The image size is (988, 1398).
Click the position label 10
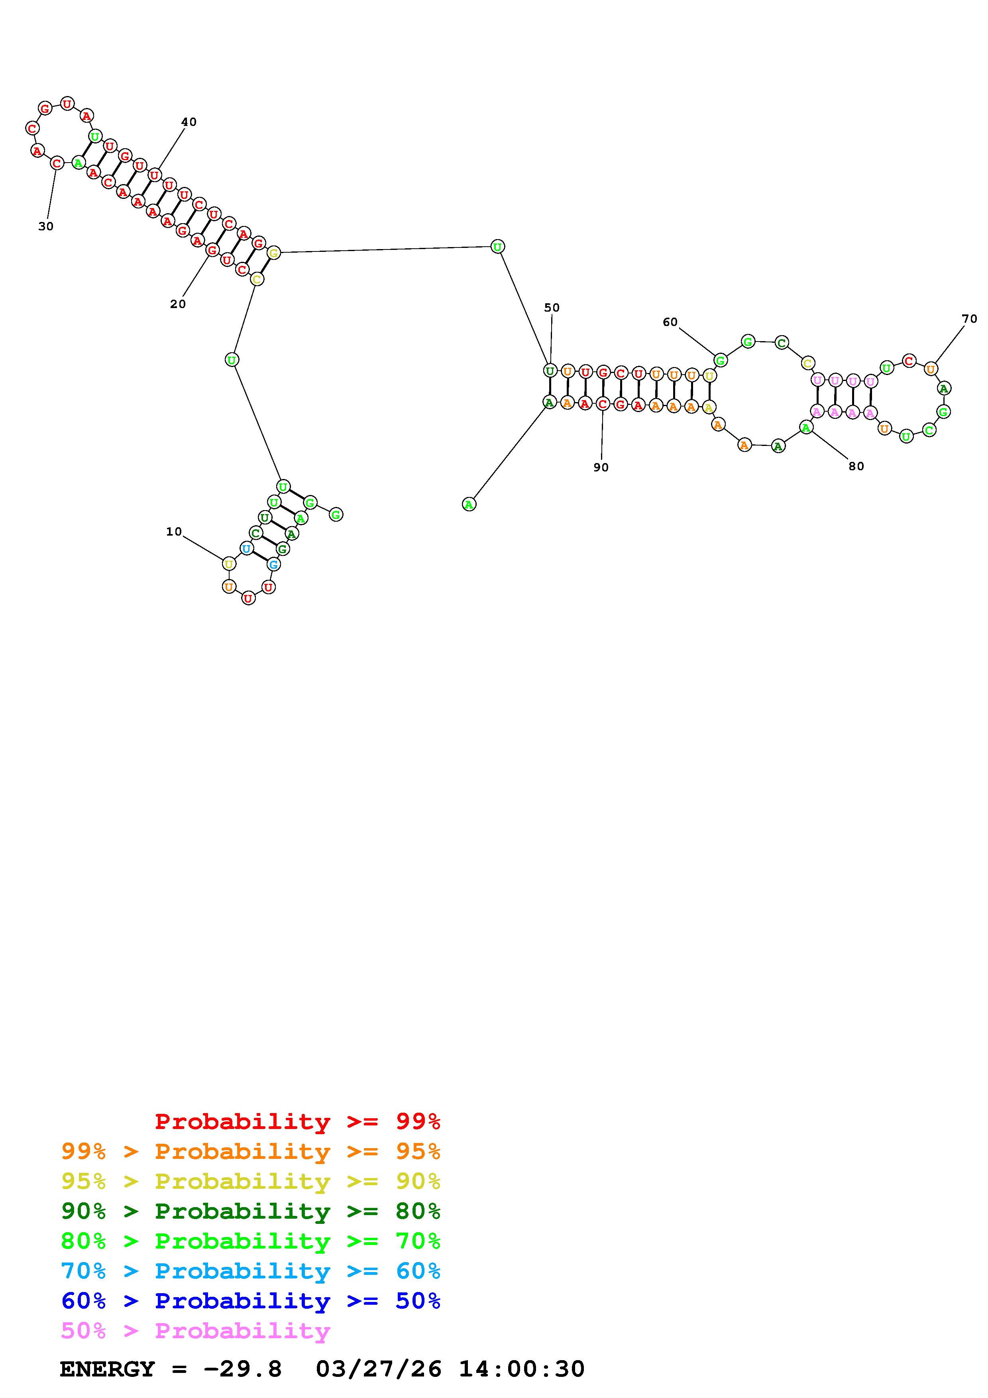click(174, 532)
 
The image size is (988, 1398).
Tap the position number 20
click(178, 304)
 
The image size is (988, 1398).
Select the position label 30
click(46, 226)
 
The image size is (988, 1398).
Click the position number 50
click(552, 308)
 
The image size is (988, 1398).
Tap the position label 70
click(969, 318)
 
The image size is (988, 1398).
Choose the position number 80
click(856, 466)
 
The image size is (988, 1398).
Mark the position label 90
click(601, 467)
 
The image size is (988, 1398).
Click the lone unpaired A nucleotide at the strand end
click(469, 504)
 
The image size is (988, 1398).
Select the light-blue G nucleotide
click(274, 564)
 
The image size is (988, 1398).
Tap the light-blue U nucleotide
click(246, 549)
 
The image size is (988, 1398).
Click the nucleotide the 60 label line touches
click(720, 360)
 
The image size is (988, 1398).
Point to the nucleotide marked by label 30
click(57, 163)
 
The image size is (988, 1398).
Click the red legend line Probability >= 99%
click(298, 1121)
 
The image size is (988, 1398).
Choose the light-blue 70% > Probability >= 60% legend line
click(251, 1271)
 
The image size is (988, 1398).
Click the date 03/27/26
click(379, 1369)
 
